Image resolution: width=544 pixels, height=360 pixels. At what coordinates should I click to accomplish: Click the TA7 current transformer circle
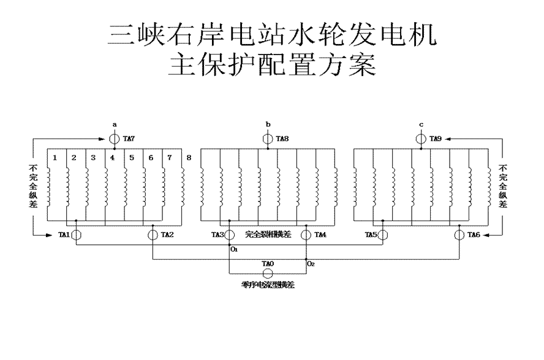click(115, 139)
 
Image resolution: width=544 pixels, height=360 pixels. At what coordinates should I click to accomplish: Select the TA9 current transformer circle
click(421, 139)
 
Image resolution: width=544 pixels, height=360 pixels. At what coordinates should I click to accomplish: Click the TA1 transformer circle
click(76, 234)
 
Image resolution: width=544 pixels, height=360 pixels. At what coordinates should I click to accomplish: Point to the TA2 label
click(167, 234)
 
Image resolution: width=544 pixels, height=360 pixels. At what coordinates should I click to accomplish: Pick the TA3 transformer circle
click(229, 234)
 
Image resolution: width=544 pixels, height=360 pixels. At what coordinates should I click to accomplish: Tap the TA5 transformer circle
click(383, 234)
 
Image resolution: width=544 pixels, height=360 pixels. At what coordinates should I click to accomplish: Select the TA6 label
click(474, 234)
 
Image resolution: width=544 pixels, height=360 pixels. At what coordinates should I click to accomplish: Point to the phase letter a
click(115, 125)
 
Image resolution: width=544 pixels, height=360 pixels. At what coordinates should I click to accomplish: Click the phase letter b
click(268, 125)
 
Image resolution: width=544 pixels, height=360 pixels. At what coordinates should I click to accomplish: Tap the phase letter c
click(421, 125)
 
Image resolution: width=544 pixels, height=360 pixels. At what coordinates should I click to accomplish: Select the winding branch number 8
click(189, 158)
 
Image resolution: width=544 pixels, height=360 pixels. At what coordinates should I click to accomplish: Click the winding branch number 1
click(55, 158)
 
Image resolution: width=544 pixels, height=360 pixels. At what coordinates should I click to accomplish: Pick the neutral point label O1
click(234, 250)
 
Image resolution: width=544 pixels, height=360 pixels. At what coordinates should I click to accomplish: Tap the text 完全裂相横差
click(268, 234)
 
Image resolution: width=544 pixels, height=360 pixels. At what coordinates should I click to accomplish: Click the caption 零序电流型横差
click(268, 285)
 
